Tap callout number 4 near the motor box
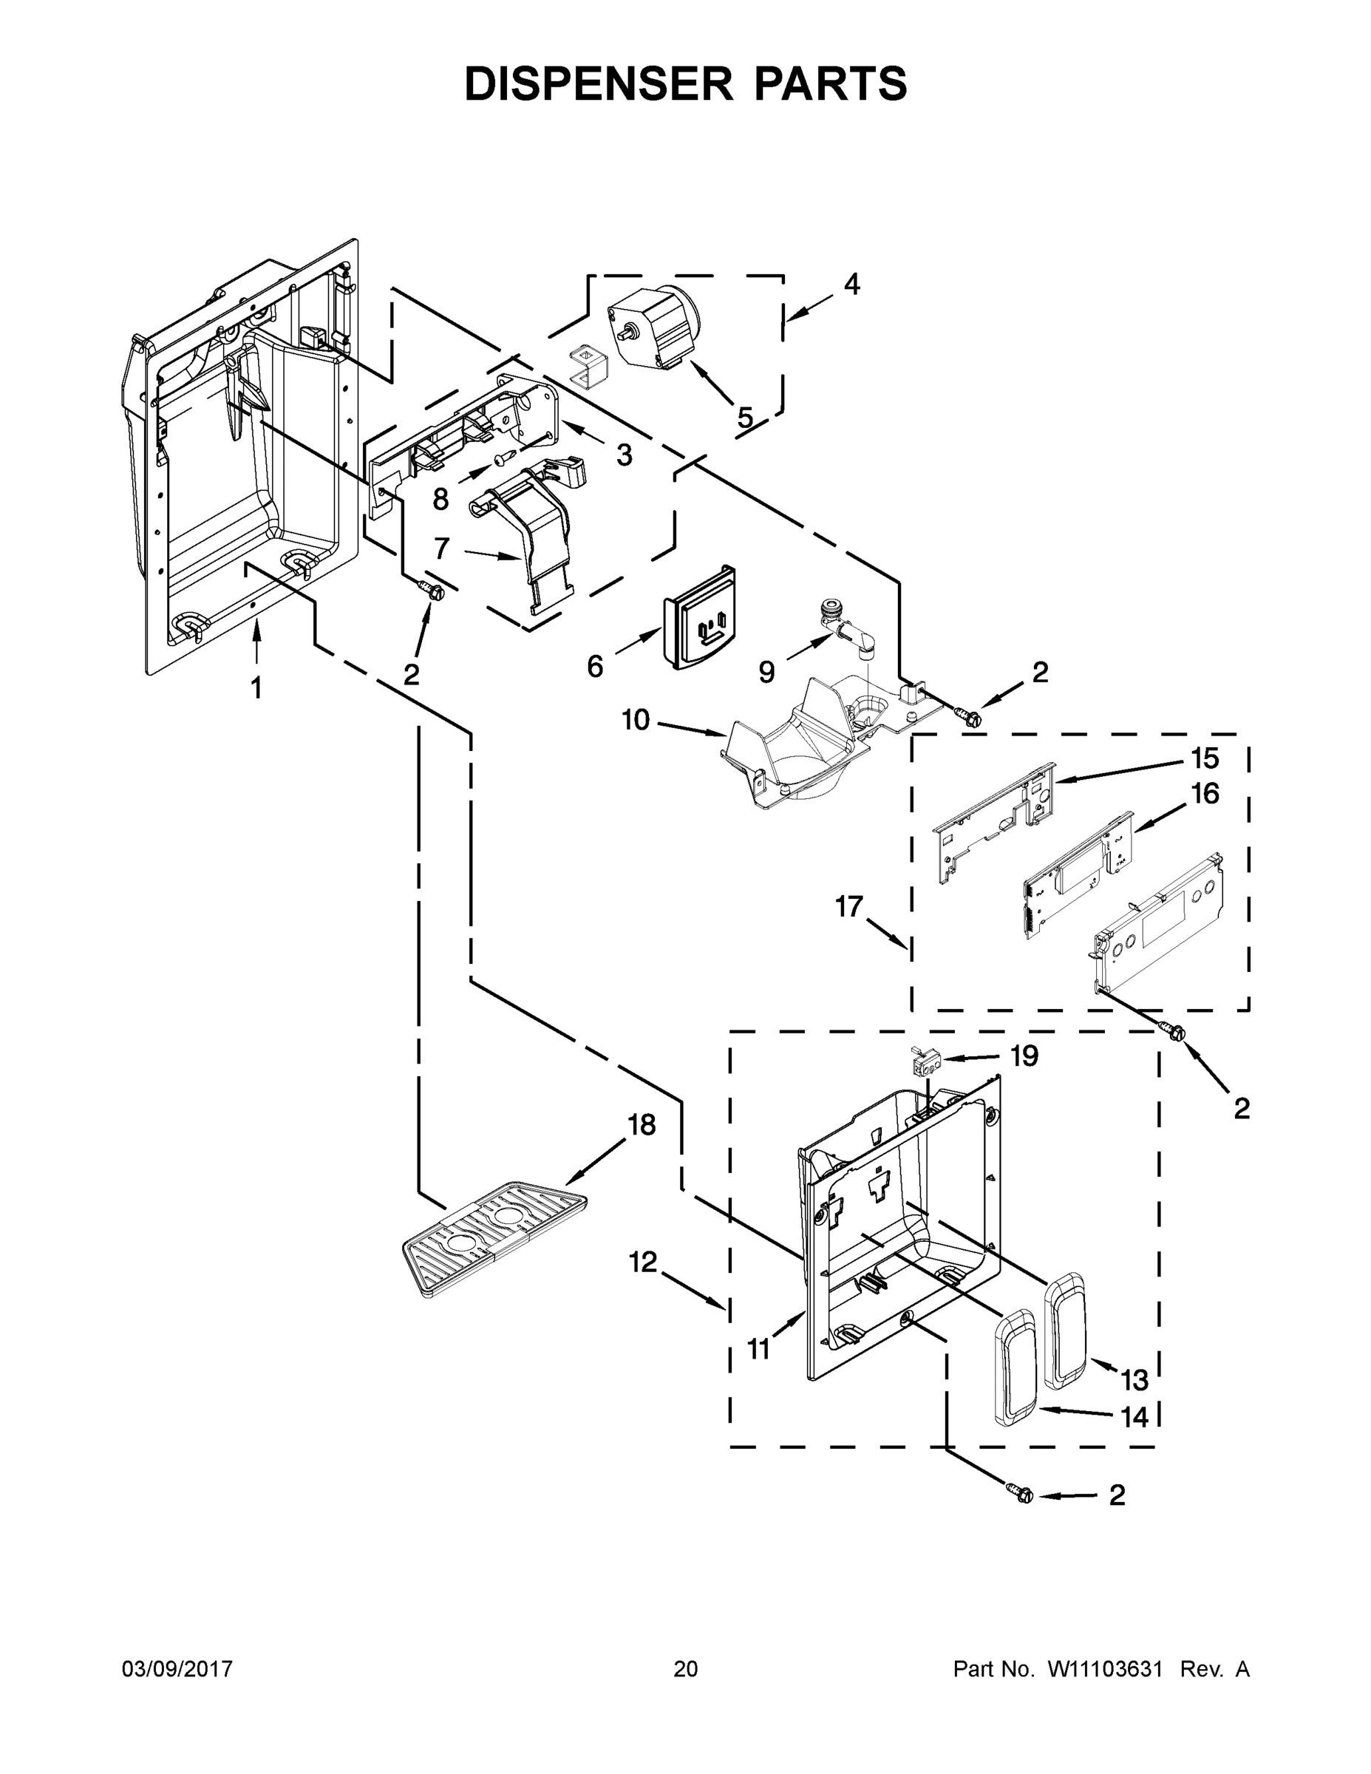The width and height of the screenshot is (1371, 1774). pos(851,285)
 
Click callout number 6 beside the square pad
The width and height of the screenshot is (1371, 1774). pos(596,667)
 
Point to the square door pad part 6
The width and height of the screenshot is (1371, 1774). pos(700,619)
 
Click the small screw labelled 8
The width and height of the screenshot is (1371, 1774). pos(500,460)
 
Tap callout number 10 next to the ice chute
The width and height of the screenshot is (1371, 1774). pos(636,720)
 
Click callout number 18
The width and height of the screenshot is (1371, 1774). pos(642,1125)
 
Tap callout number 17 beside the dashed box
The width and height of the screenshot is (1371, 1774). pos(849,906)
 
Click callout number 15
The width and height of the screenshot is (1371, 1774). pos(1205,758)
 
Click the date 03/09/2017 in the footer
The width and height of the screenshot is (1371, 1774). pos(177,1669)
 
